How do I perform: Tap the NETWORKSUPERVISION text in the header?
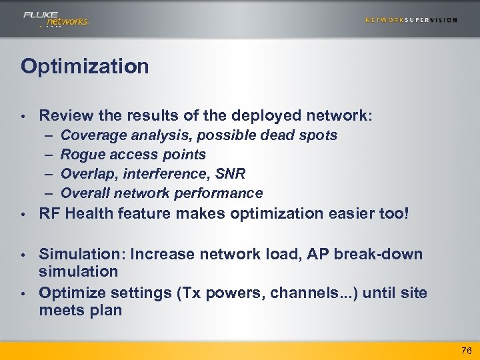click(x=411, y=20)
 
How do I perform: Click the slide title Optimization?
click(x=85, y=66)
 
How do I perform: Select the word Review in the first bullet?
click(x=64, y=115)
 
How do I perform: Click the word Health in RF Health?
click(x=89, y=214)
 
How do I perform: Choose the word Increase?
click(x=159, y=254)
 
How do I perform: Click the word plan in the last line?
click(x=106, y=310)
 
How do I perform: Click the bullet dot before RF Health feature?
click(x=23, y=215)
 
